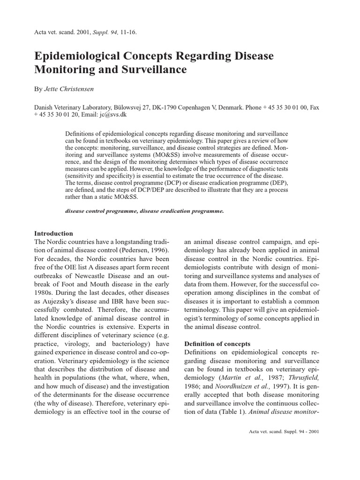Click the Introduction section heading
(x=54, y=233)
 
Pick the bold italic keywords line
(x=144, y=211)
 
